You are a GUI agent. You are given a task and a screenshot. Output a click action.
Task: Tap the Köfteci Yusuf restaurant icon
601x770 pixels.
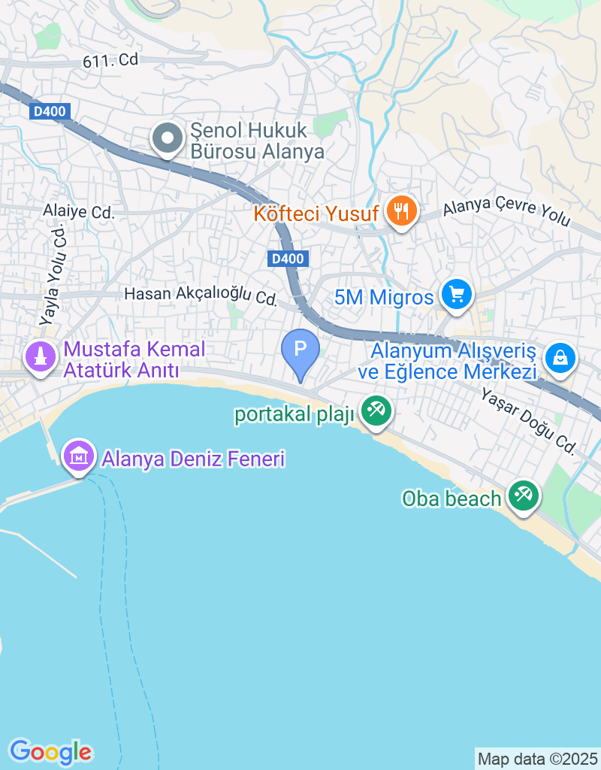coord(402,211)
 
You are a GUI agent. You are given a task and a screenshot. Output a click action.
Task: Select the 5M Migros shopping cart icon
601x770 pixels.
coord(456,295)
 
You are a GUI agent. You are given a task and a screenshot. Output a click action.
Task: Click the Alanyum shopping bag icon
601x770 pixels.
coord(560,358)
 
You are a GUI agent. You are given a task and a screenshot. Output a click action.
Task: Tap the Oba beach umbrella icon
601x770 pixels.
coord(521,496)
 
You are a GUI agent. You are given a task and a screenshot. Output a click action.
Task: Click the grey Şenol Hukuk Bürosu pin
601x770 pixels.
coord(166,139)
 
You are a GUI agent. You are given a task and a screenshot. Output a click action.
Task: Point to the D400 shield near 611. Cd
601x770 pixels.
coord(51,112)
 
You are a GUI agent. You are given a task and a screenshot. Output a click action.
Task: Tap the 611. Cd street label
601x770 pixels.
coord(111,60)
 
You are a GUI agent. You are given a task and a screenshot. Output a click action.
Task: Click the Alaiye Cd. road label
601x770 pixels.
coord(79,213)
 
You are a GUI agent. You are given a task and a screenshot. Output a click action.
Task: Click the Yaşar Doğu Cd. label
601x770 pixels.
coord(528,423)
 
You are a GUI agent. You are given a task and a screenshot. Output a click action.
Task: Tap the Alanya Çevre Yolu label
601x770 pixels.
coord(506,214)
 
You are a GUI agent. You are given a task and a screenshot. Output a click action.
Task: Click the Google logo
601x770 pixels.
coord(50,751)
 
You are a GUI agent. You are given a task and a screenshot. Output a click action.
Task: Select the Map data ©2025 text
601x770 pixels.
coord(537,759)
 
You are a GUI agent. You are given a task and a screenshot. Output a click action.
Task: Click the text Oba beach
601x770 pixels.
coord(452,498)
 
